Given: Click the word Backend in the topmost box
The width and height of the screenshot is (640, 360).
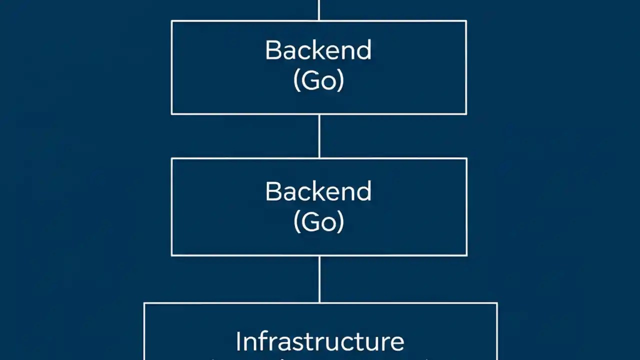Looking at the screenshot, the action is point(318,50).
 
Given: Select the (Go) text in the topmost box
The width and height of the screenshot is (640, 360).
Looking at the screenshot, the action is point(318,80).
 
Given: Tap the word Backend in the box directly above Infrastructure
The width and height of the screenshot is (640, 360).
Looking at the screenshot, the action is point(318,191).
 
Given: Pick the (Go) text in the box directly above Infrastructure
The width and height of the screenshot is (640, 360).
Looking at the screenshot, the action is point(318,222).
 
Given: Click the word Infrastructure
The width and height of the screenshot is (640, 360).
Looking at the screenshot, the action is point(320,341).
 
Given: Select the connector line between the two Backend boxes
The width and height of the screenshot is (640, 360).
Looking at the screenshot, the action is point(319,136).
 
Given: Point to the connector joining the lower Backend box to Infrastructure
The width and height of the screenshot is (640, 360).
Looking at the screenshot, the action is point(319,279).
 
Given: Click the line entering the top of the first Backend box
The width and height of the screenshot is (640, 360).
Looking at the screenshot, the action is point(318,10).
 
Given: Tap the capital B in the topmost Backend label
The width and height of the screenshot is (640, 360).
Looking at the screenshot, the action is point(272,50).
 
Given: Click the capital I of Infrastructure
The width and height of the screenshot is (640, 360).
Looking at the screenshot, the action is point(238,341).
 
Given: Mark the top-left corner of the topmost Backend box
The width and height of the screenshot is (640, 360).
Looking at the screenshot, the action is point(171,21).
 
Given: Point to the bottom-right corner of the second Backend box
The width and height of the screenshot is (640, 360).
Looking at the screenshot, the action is point(466,255).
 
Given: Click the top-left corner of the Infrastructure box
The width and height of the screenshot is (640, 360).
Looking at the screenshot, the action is point(144,303).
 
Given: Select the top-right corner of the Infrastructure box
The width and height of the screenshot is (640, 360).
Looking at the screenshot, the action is point(497,303).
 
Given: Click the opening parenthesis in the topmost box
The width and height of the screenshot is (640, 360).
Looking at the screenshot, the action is point(296,81).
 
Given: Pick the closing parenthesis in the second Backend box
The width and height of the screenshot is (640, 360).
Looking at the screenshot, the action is point(340,222).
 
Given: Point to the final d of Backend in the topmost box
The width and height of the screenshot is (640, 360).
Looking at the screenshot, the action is point(364,50).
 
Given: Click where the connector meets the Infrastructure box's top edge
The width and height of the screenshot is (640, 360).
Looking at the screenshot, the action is point(319,302).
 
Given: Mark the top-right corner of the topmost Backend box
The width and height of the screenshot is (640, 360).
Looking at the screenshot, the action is point(466,21).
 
